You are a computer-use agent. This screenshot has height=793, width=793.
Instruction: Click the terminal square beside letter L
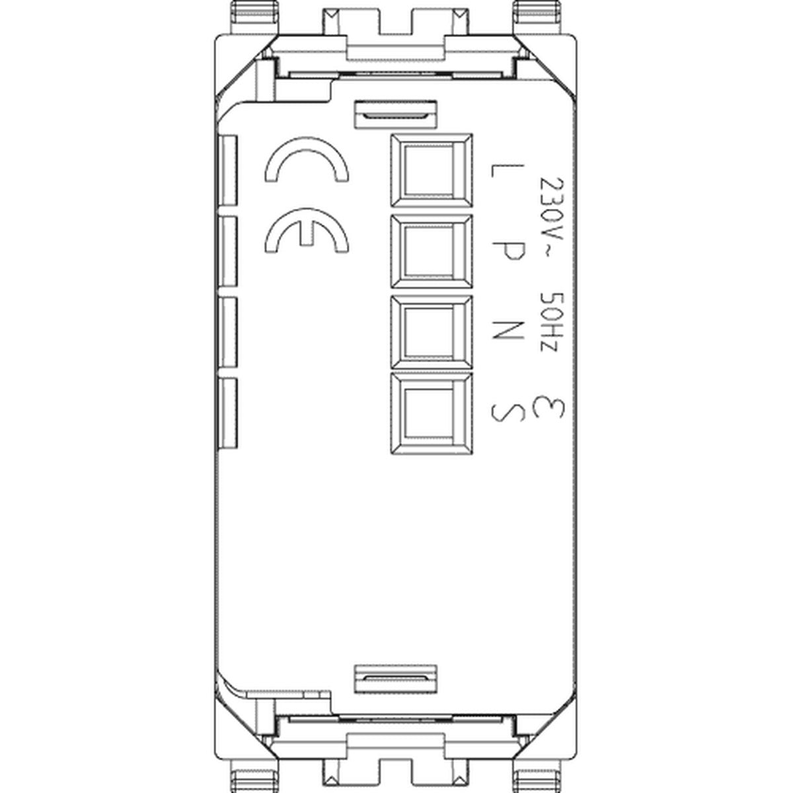tap(432, 170)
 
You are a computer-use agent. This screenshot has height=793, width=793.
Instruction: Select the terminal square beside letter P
tap(432, 251)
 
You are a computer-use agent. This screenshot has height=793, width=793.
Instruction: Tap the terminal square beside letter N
tap(432, 332)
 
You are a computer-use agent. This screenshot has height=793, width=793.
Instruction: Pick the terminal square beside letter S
tap(432, 413)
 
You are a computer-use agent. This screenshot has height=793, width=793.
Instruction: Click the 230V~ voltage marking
tap(549, 218)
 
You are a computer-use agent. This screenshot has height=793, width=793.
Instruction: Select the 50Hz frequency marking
tap(549, 322)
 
